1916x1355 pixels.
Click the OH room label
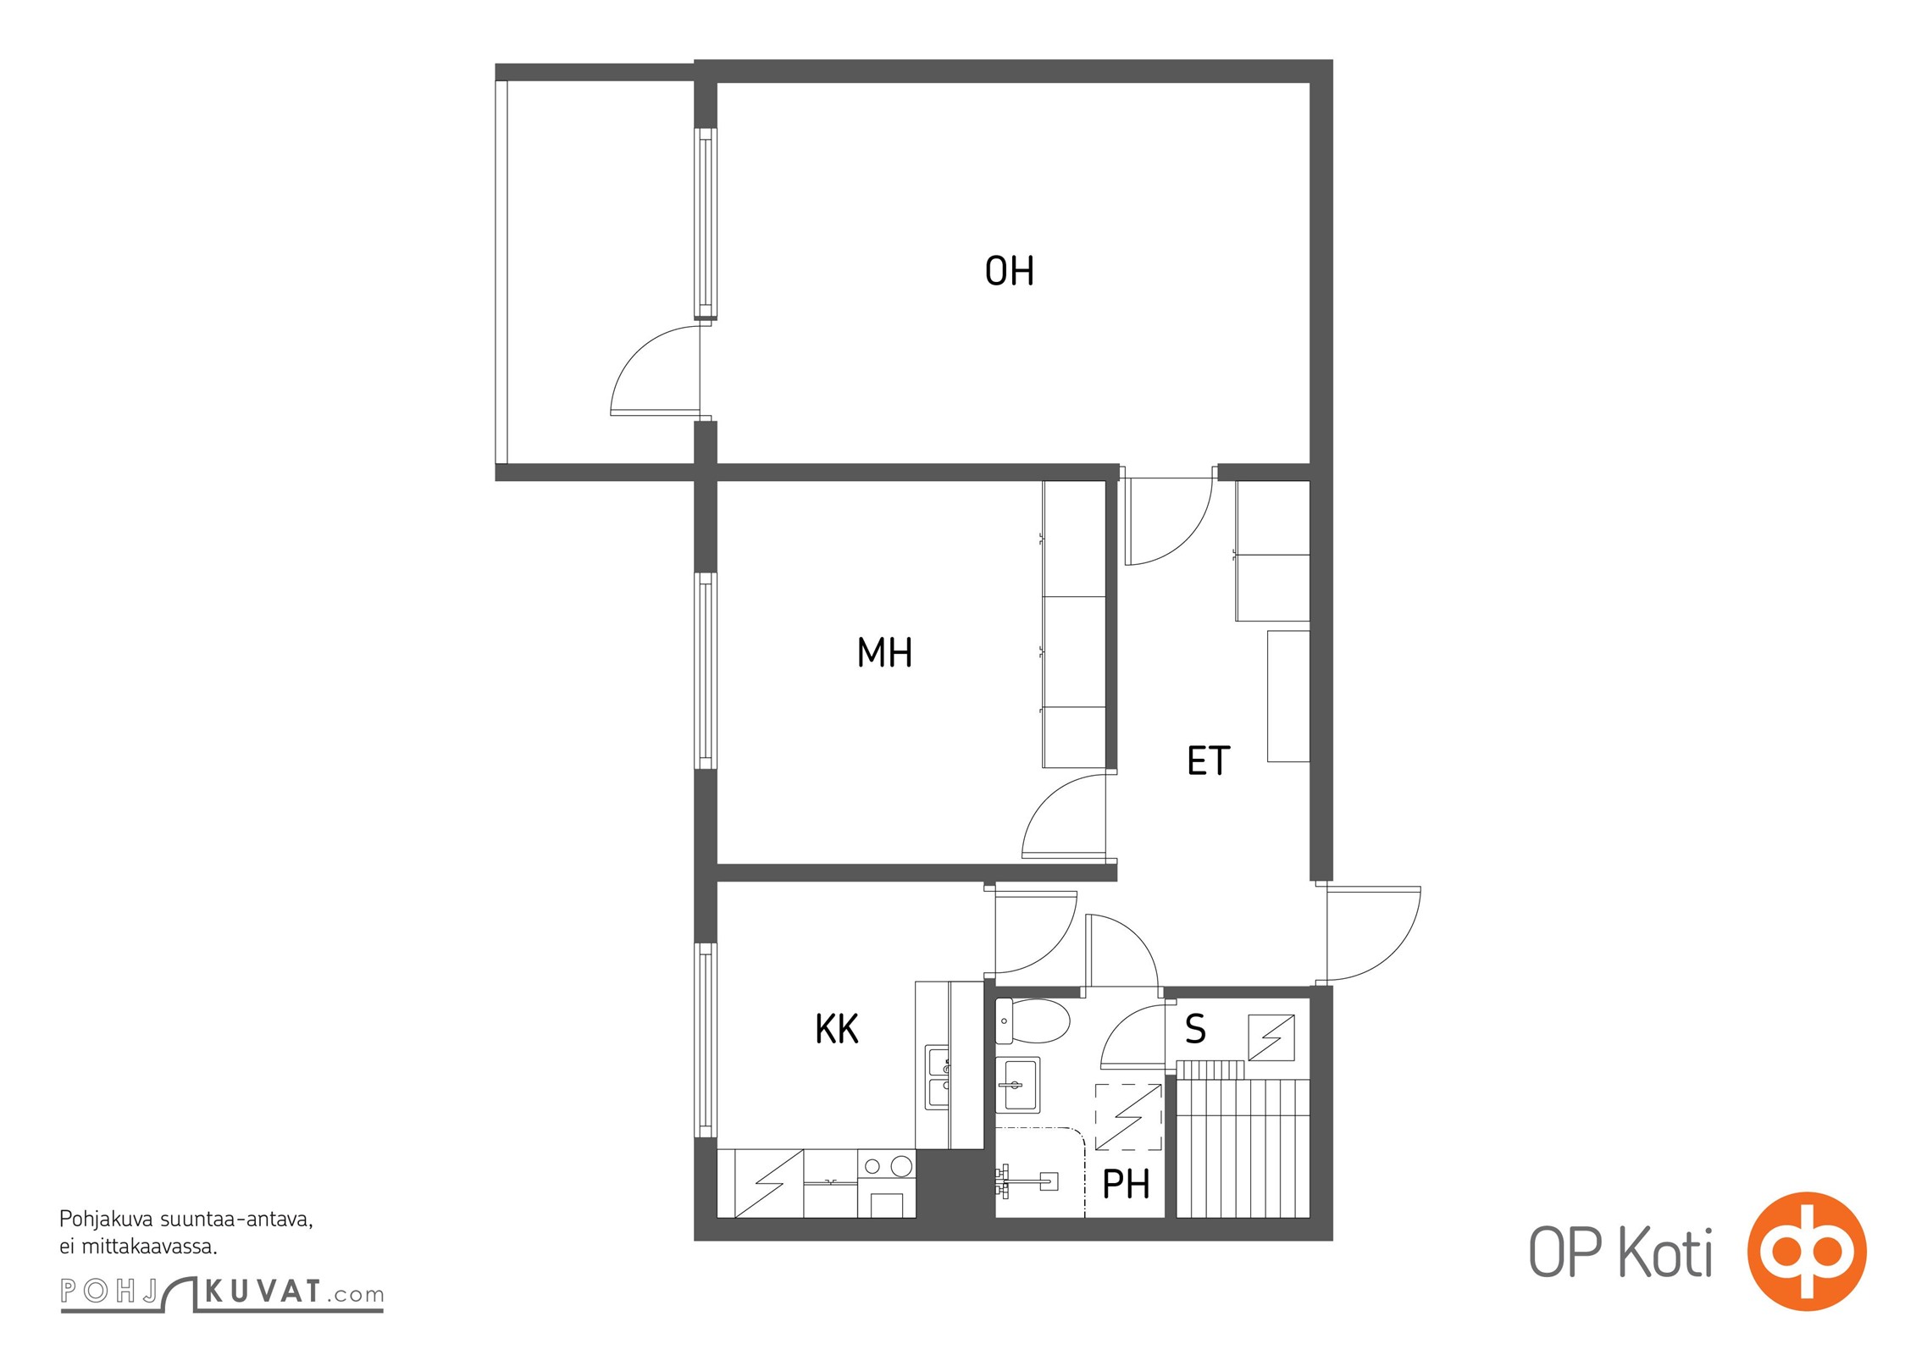(1009, 271)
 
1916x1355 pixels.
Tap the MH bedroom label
(884, 653)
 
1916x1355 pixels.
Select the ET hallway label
(1208, 760)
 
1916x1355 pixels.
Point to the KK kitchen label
(837, 1030)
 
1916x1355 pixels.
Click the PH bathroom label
(1126, 1184)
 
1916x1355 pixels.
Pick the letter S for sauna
(1195, 1029)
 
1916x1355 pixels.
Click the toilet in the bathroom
(1033, 1021)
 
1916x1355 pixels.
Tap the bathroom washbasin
(1017, 1085)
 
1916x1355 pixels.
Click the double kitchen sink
(939, 1077)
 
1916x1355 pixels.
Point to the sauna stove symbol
(1271, 1037)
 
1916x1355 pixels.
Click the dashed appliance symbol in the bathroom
(1128, 1117)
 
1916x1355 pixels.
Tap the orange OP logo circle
(1807, 1251)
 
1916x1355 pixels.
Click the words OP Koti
(1620, 1253)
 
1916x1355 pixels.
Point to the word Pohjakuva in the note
(106, 1220)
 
